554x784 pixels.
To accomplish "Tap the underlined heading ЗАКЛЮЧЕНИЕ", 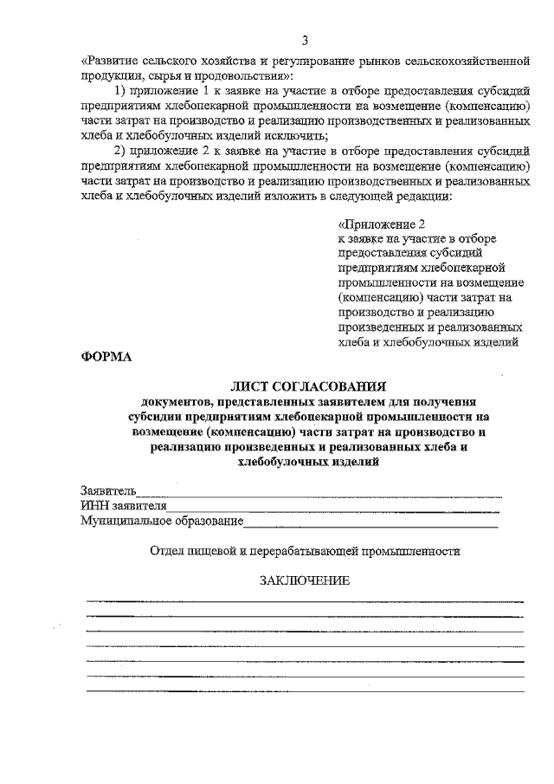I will tap(306, 581).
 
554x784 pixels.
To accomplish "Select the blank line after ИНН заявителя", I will tap(334, 508).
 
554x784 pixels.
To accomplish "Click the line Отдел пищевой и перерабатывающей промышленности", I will tap(305, 550).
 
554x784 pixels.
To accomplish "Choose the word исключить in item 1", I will tap(302, 136).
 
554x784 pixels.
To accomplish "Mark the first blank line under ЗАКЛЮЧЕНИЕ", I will tap(305, 600).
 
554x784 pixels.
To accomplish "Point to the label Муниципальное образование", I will tap(161, 522).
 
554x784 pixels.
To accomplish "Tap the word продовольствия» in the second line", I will tap(246, 76).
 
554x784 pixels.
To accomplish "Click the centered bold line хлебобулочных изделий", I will tap(307, 463).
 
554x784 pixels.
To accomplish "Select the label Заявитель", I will tap(108, 491).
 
